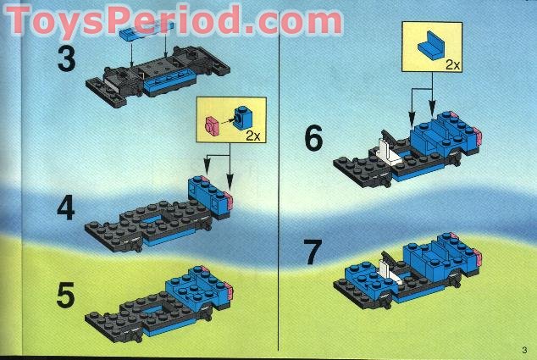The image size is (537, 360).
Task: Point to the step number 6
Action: (313, 138)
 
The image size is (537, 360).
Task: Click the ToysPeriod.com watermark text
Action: (174, 18)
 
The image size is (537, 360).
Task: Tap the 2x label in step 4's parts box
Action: (252, 135)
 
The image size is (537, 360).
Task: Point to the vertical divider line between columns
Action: (280, 212)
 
